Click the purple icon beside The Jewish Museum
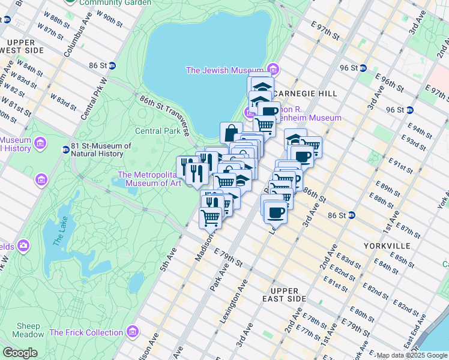tap(274, 70)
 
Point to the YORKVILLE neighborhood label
tap(386, 246)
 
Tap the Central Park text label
tap(157, 131)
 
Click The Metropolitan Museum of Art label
tap(149, 179)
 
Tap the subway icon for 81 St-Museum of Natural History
tap(65, 149)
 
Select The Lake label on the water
tap(58, 232)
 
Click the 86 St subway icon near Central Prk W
tap(116, 65)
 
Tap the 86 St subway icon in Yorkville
tap(352, 215)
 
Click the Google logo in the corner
tap(20, 353)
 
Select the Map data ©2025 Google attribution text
tap(411, 355)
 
